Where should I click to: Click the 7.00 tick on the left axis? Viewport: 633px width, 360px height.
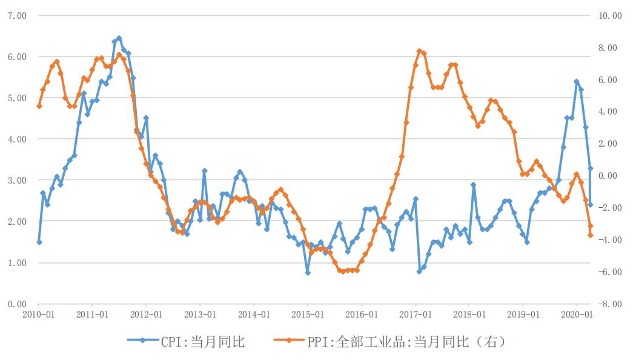(17, 15)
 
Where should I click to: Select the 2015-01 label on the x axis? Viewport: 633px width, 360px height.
(308, 315)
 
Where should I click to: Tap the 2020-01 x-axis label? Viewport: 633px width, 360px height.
(577, 315)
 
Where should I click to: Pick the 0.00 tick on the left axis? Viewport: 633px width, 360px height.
(17, 304)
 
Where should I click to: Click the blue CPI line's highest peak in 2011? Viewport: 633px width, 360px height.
(119, 38)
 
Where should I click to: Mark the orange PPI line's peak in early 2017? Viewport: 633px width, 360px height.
(419, 51)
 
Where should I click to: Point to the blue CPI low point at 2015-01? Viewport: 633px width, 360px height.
(308, 273)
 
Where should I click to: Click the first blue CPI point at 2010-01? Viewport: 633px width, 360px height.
(39, 242)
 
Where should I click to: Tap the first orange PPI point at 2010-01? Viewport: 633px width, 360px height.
(39, 106)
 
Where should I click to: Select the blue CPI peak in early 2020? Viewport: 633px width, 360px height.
(576, 81)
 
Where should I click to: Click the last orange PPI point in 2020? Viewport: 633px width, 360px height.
(591, 235)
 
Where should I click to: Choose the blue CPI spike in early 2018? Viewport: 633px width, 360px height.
(473, 185)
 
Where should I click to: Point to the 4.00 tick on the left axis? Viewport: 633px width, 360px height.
(17, 139)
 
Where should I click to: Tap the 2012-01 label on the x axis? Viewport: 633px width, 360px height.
(146, 315)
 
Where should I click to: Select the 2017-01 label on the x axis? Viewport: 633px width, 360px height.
(416, 315)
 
